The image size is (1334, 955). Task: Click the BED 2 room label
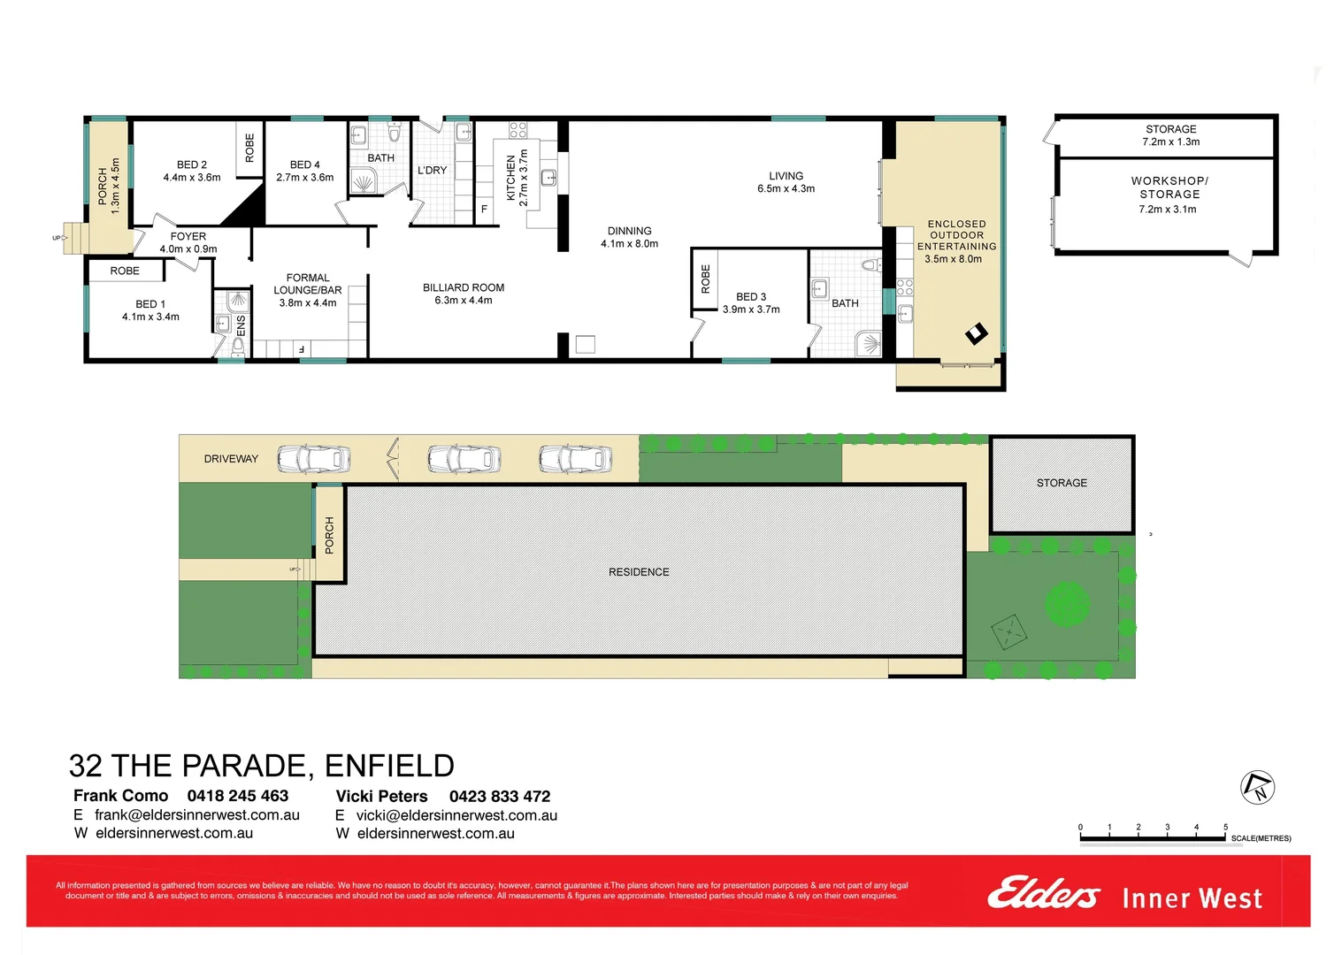[x=192, y=171]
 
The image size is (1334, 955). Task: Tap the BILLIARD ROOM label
[x=463, y=294]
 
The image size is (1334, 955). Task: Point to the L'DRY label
[x=432, y=171]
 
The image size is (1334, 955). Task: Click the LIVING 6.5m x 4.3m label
[x=786, y=182]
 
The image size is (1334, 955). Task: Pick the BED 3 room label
[x=751, y=303]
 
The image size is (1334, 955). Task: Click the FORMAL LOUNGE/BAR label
[x=308, y=290]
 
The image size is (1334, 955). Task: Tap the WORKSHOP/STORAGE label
[x=1169, y=195]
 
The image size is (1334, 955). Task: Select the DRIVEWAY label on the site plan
[x=231, y=459]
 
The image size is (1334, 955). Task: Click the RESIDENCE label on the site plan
[x=639, y=572]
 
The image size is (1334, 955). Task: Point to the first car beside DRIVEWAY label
[x=314, y=459]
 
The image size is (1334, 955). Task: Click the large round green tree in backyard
[x=1067, y=605]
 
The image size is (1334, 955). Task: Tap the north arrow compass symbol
[x=1257, y=787]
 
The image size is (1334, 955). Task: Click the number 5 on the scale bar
[x=1225, y=828]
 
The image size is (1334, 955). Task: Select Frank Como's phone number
[x=237, y=796]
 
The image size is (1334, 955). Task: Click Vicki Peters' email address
[x=456, y=815]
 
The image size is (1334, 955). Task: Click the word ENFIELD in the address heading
[x=389, y=766]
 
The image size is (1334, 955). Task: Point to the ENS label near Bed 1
[x=241, y=325]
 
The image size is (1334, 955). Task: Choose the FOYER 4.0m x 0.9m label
[x=188, y=243]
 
